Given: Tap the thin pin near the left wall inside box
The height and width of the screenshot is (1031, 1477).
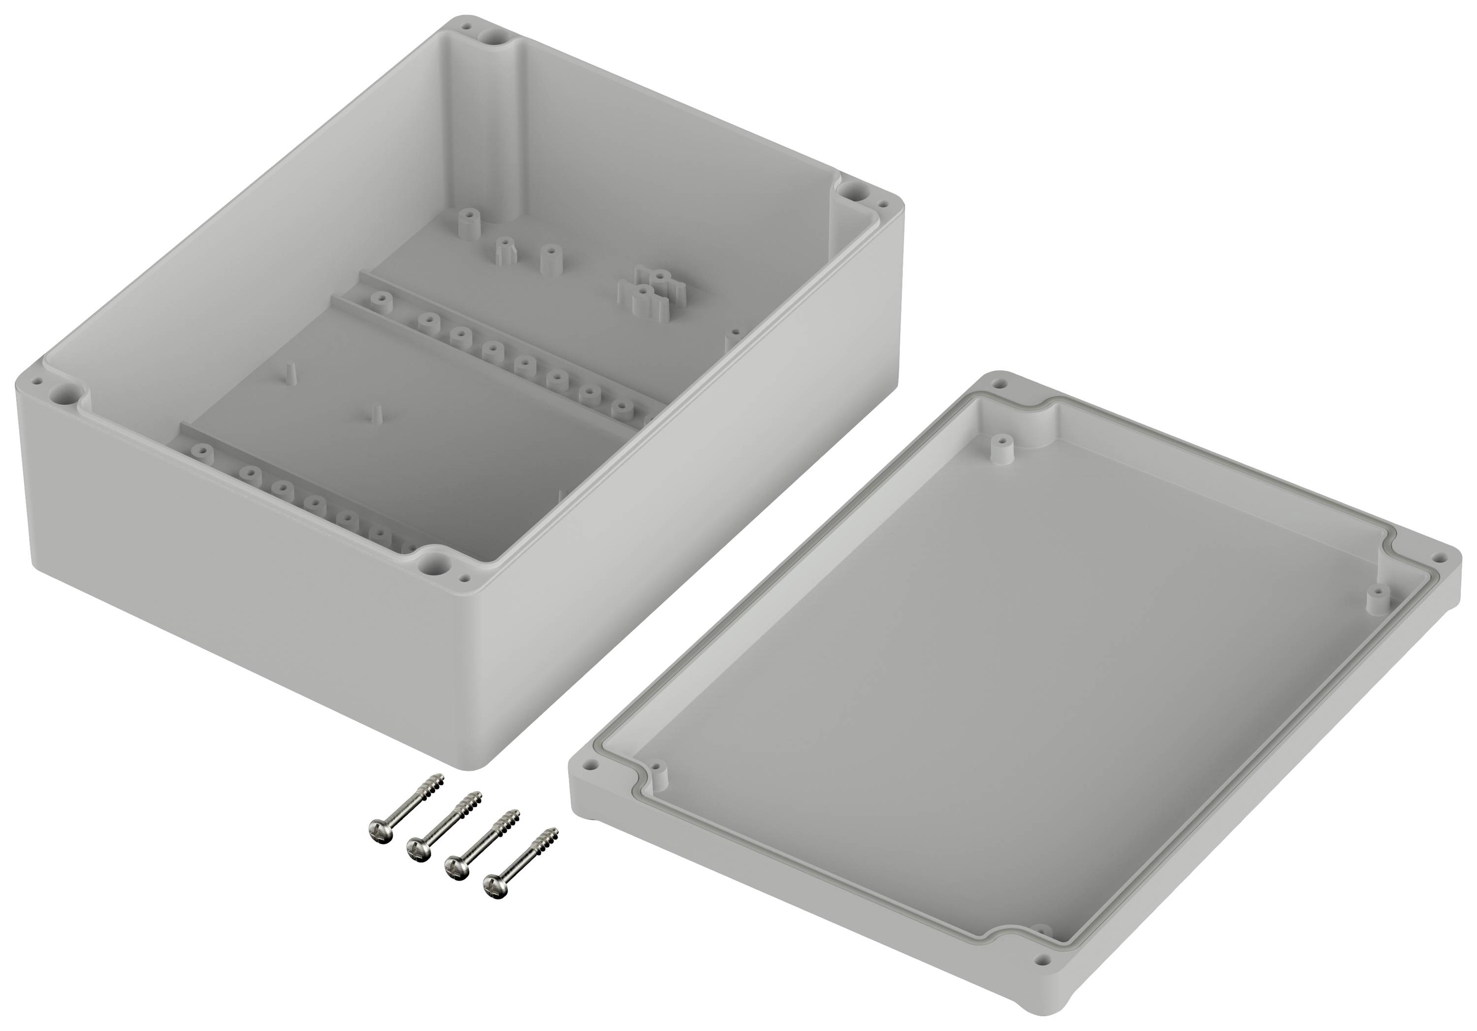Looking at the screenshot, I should [291, 374].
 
